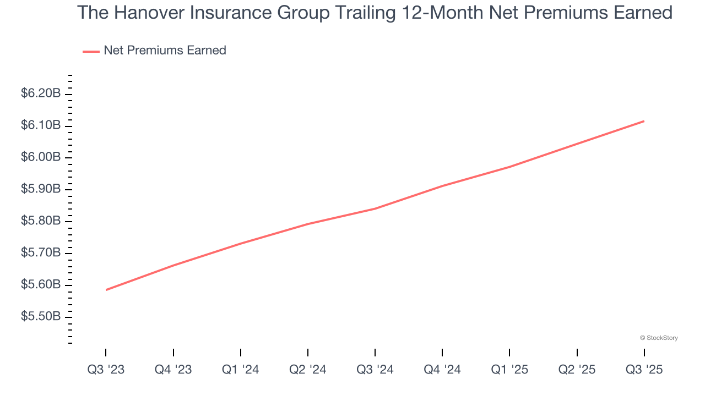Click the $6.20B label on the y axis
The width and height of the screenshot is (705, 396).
41,94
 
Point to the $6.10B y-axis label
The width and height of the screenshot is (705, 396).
41,125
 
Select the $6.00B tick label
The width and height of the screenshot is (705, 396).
41,157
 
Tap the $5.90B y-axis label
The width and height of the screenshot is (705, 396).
41,189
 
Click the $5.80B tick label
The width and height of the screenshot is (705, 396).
41,221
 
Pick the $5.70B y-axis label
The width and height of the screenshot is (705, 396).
41,253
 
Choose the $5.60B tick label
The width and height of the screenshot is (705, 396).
41,285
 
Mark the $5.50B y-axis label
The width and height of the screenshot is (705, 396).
41,317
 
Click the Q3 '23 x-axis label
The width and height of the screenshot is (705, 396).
106,370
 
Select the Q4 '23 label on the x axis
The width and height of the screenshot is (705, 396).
173,370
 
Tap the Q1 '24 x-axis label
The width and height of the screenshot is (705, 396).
240,370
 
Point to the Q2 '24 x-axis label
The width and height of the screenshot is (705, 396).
307,370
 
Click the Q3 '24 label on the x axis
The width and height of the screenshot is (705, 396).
375,370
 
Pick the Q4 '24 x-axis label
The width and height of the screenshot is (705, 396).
442,370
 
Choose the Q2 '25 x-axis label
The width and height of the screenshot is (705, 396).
577,370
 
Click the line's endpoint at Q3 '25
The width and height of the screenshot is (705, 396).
644,121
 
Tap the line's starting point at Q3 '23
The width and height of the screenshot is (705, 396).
106,290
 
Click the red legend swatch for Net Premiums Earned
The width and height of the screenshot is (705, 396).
91,51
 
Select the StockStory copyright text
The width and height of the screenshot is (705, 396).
659,338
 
